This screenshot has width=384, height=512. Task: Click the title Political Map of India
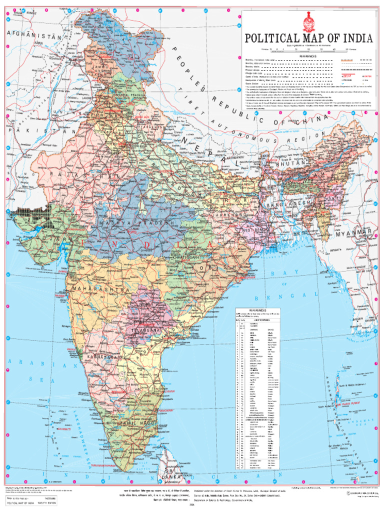[308, 39]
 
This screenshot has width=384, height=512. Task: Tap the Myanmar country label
[354, 233]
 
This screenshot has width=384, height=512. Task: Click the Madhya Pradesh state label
[137, 222]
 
